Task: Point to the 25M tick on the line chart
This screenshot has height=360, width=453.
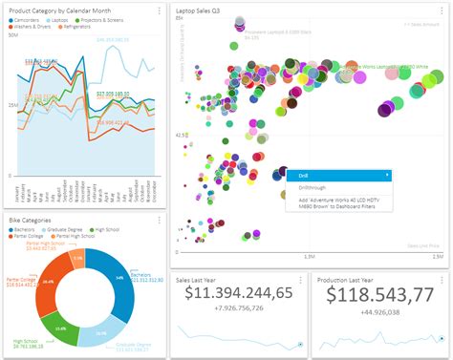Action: (x=12, y=104)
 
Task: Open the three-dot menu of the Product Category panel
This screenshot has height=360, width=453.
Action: (x=160, y=10)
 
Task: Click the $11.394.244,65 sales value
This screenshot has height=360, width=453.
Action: (x=239, y=293)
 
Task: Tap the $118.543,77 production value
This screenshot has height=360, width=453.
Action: (x=378, y=293)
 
